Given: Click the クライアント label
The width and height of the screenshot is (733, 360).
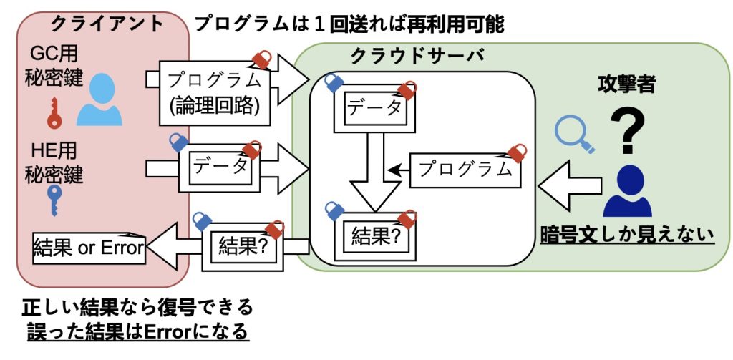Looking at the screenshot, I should coord(107,24).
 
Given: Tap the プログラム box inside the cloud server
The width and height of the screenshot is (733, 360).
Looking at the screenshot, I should coord(465,170).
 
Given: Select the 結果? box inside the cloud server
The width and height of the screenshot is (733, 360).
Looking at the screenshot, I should coord(376,235).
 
